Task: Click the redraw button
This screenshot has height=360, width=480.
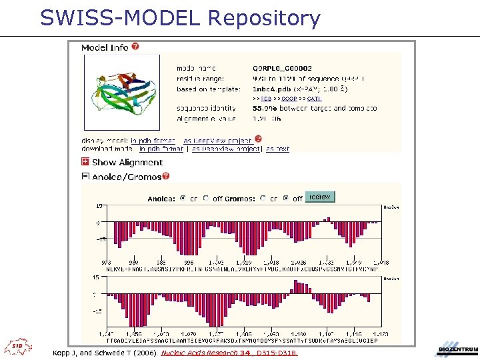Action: coord(320,197)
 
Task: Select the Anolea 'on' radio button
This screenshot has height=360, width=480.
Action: coord(183,198)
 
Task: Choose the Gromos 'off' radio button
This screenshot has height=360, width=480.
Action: coord(286,198)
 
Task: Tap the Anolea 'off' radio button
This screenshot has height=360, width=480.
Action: coord(207,198)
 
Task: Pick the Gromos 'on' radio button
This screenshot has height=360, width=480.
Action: coord(263,198)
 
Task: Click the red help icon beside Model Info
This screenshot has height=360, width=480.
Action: coord(135,47)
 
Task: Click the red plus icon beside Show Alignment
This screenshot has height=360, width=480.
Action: coord(85,162)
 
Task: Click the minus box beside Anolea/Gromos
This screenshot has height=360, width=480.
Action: coord(85,177)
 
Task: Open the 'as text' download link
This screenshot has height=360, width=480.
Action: coord(278,149)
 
